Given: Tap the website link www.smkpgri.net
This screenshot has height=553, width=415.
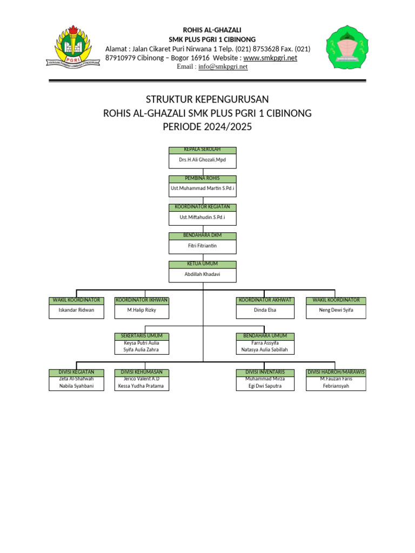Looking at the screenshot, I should point(270,58).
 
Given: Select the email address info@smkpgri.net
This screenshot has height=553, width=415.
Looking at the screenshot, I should point(223,66).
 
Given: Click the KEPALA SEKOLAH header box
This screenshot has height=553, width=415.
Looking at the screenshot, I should point(203,150).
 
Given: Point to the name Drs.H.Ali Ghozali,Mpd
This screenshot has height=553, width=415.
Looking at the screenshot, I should point(203,160).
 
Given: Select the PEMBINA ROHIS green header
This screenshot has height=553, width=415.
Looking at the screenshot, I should point(203,179).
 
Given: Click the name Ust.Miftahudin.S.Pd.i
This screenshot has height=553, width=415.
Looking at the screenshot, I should point(203,217).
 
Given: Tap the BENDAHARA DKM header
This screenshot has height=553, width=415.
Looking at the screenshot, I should point(203,235).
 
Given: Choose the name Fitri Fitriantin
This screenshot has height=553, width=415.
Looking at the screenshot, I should point(203,246).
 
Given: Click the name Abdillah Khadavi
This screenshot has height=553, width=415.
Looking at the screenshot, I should point(203,274).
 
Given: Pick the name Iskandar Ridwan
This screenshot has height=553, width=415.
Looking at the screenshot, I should point(76,311).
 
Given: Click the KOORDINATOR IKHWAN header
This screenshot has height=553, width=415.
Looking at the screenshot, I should point(142,300).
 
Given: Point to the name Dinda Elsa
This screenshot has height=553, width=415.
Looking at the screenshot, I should point(265,311).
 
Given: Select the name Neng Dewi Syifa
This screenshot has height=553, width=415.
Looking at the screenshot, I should point(336,311).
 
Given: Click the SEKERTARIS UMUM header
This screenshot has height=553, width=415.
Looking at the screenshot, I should point(142,336).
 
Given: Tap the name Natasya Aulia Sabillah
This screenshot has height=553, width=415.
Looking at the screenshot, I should point(265,350).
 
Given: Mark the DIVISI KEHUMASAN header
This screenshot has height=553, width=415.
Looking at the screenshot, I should point(142,372).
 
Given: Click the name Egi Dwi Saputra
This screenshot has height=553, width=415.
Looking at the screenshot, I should point(265,386).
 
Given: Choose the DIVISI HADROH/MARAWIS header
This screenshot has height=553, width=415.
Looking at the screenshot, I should point(336,372).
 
